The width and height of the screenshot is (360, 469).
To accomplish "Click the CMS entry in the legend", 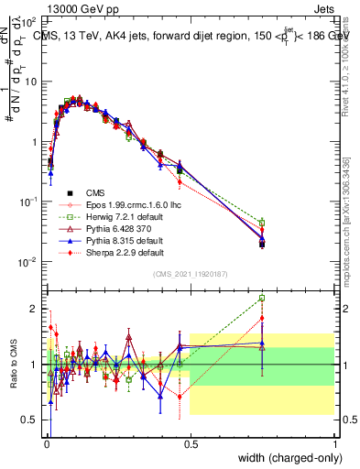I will (x=83, y=193).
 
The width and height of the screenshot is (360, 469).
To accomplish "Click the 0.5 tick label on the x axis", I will (x=191, y=443).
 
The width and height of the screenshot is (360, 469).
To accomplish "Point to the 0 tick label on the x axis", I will (x=47, y=443).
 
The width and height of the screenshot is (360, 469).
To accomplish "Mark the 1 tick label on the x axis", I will (x=334, y=443).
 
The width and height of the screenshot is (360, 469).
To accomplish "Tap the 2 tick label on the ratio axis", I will (x=36, y=308).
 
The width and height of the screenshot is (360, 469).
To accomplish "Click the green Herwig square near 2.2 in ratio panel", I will (x=262, y=298).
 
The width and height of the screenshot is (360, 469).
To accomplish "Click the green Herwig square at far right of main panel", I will (x=262, y=223).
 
